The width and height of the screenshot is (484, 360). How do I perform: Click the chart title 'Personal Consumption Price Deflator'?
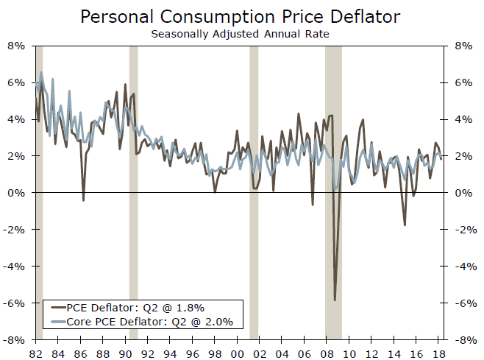tap(241, 16)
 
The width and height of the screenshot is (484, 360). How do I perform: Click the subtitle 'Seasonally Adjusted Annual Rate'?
tap(241, 33)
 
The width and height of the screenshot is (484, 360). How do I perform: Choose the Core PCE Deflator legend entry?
tap(140, 321)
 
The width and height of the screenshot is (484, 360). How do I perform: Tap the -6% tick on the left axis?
tap(16, 303)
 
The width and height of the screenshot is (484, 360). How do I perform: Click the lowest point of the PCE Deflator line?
tap(335, 300)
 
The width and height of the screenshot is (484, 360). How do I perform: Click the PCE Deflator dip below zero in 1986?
tap(83, 200)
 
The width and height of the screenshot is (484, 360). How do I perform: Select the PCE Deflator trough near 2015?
tap(405, 225)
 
